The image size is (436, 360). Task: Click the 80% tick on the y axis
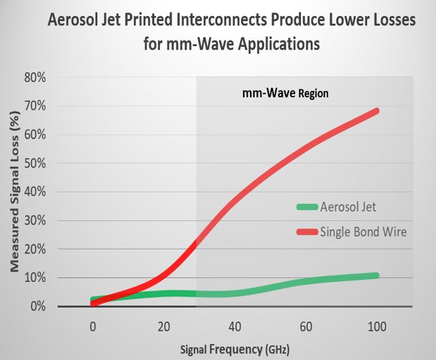pos(34,77)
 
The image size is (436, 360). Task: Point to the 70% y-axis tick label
pos(34,106)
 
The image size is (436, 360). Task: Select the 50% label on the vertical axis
pos(34,163)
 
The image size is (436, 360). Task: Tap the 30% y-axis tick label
pos(34,220)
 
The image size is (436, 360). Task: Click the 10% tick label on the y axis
pos(34,278)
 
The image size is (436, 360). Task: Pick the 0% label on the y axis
pos(36,306)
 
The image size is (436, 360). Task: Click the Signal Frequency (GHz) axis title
pos(235,348)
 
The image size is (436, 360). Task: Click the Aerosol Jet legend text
pos(348,208)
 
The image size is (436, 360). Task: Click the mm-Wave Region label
pos(285,93)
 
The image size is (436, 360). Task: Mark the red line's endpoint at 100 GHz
pos(376,111)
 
